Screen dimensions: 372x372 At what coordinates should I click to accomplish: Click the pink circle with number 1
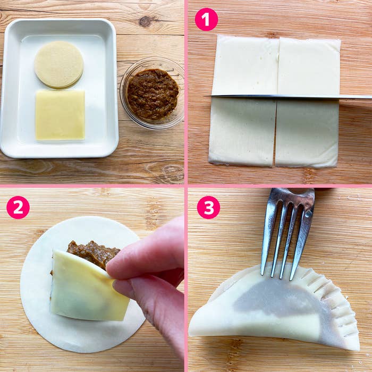click(206, 19)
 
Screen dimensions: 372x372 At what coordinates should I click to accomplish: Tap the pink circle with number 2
click(18, 207)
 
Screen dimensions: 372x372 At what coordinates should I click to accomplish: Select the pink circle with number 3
click(208, 207)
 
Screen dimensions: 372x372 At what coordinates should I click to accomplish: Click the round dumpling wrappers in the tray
click(59, 64)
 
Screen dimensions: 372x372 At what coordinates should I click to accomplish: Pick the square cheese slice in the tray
click(60, 115)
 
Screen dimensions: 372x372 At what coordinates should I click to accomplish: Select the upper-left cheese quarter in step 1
click(244, 65)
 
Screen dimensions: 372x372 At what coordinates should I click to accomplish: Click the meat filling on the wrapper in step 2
click(92, 253)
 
